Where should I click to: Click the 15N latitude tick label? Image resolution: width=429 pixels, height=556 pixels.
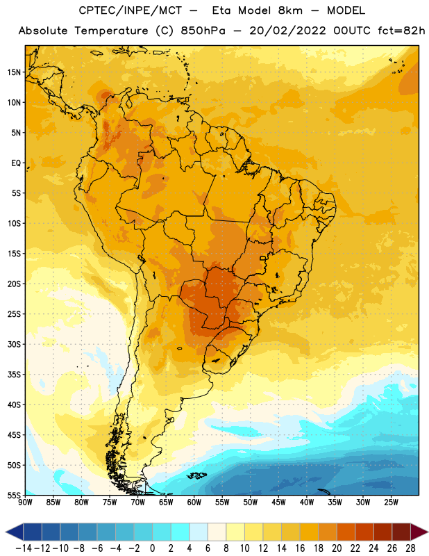coord(14,72)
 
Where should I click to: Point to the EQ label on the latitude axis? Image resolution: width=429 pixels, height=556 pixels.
coord(16,163)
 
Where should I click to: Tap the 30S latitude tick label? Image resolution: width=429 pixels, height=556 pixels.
coord(14,344)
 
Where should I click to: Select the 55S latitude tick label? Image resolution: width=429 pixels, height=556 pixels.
coord(14,495)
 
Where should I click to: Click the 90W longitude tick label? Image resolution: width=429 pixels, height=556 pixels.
coord(25,502)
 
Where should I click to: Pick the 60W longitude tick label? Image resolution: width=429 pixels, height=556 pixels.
coord(194,502)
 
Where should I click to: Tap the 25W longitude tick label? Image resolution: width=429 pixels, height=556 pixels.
coord(391,502)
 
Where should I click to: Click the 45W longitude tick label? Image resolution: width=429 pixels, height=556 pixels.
coord(278,502)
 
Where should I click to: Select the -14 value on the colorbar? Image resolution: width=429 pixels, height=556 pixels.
coord(24,548)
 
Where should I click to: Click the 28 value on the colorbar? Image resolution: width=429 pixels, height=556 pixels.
coord(410,548)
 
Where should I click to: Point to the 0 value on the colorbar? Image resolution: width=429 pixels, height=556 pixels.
coord(152,548)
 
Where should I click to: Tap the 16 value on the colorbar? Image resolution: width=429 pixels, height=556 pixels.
coord(300,548)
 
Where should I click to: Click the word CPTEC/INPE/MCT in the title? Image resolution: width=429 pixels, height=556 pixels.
coord(130,10)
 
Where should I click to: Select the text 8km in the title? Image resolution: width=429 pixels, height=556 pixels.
coord(290,10)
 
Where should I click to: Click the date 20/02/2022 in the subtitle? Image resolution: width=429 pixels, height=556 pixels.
coord(287,31)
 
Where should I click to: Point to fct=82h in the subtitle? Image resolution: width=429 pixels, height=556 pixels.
coord(401,31)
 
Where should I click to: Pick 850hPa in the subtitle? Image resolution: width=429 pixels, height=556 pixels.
coord(203,31)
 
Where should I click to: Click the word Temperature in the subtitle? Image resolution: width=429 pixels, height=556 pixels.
coord(111,31)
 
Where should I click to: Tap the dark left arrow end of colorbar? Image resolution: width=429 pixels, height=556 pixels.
coord(14,532)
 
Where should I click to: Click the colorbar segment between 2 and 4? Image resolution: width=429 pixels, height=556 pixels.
coord(180,532)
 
